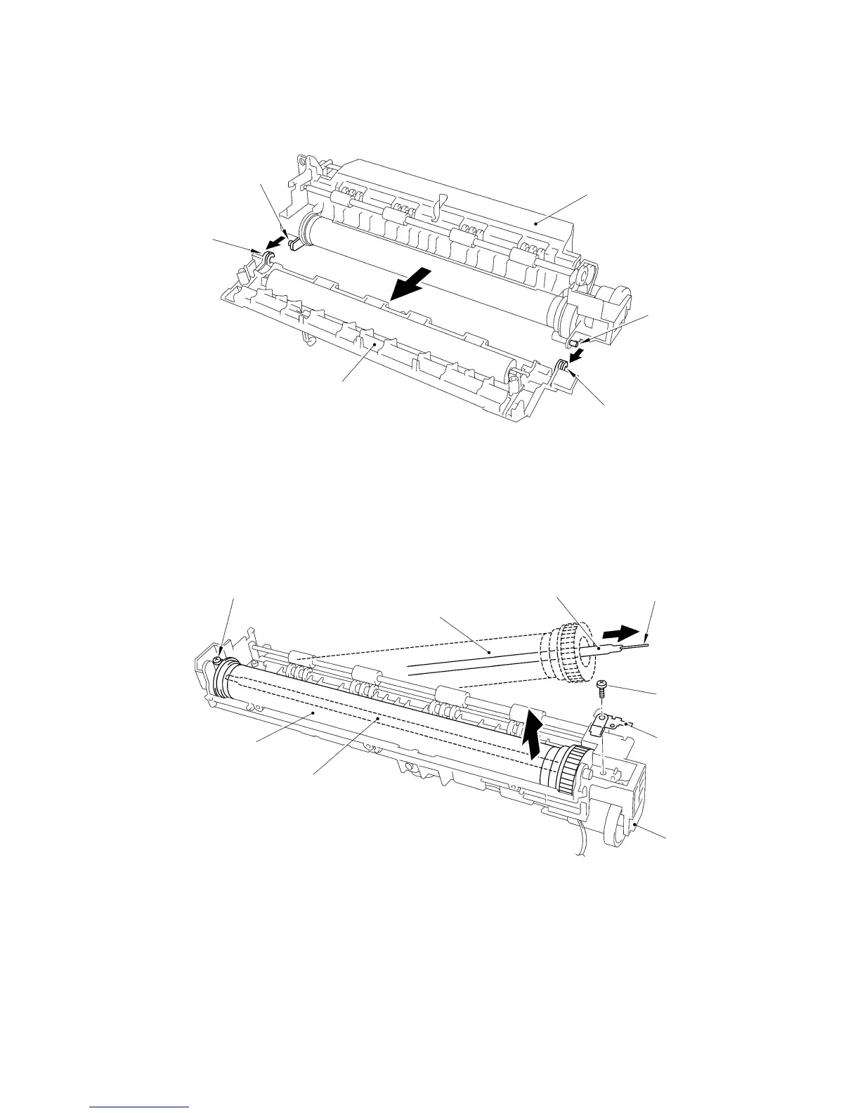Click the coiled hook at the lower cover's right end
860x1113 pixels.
562,365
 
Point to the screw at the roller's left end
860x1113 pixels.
219,660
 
